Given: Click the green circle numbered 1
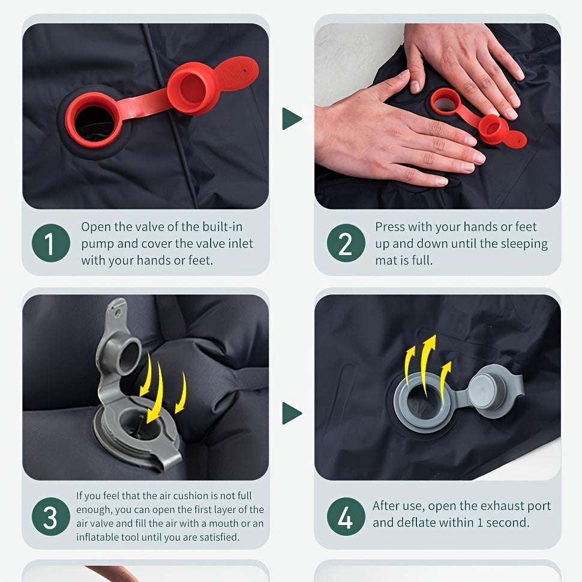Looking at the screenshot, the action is [51, 243].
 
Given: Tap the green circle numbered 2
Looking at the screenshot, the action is [346, 243].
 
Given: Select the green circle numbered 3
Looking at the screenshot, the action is [51, 517].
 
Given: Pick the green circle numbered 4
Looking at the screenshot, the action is [346, 517].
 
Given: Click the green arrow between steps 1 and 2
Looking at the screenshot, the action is [292, 119].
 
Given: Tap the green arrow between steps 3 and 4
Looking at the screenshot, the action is [292, 413].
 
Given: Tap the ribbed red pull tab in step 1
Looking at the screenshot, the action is [237, 73].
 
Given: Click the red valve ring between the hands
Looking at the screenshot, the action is [445, 101].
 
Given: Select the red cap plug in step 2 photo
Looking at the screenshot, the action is [493, 130].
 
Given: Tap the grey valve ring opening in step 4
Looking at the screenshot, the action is [423, 403].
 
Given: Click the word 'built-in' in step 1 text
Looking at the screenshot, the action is [223, 226].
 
